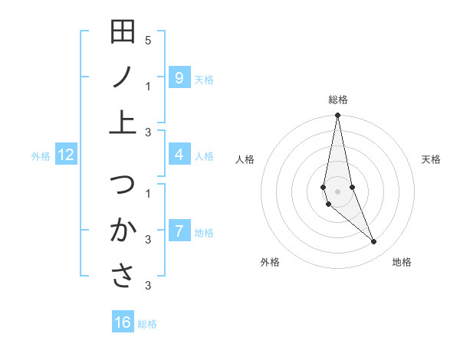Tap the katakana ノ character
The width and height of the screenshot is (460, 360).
(123, 77)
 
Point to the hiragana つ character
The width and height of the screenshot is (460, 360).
(123, 185)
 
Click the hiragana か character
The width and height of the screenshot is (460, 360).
(123, 230)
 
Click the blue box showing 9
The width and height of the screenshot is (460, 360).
(179, 77)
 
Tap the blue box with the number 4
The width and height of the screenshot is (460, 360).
(179, 155)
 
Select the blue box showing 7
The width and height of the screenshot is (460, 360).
(179, 231)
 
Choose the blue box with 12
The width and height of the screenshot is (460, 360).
(66, 155)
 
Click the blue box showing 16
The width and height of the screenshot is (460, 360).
(123, 322)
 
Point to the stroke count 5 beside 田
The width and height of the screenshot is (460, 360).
(148, 40)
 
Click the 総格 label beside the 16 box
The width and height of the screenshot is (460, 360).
(147, 324)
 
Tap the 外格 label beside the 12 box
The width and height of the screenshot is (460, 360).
(41, 156)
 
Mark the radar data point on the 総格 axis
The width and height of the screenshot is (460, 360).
(337, 116)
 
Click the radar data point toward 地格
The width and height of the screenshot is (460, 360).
(374, 242)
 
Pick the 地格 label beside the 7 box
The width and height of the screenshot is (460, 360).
(204, 232)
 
